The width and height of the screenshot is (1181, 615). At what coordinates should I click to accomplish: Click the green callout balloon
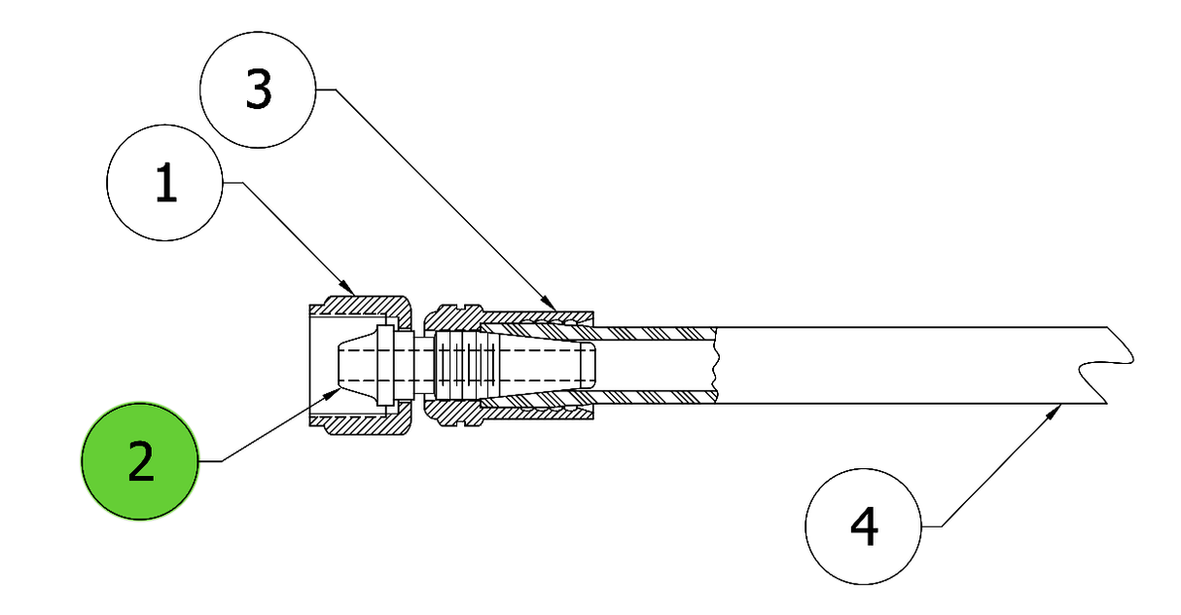click(140, 461)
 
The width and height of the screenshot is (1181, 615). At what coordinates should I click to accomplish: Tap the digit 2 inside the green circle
click(141, 461)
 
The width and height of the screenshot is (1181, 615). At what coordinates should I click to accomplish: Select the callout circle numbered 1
click(165, 183)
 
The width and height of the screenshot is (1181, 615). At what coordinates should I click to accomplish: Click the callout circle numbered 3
click(258, 90)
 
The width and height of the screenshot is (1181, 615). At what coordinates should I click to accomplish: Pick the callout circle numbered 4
click(864, 526)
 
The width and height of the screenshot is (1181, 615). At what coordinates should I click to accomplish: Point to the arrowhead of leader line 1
click(348, 288)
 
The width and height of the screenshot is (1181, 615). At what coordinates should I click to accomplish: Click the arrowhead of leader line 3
click(550, 304)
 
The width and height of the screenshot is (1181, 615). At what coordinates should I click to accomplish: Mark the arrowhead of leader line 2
click(331, 393)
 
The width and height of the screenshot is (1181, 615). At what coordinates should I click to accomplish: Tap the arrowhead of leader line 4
click(1053, 412)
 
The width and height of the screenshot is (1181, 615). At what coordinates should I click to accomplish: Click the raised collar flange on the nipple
click(385, 366)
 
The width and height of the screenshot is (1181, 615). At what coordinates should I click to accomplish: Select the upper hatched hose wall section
click(654, 334)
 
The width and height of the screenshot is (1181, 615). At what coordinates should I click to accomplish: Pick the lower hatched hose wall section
click(654, 397)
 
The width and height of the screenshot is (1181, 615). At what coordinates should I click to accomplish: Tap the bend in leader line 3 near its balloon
click(336, 90)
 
